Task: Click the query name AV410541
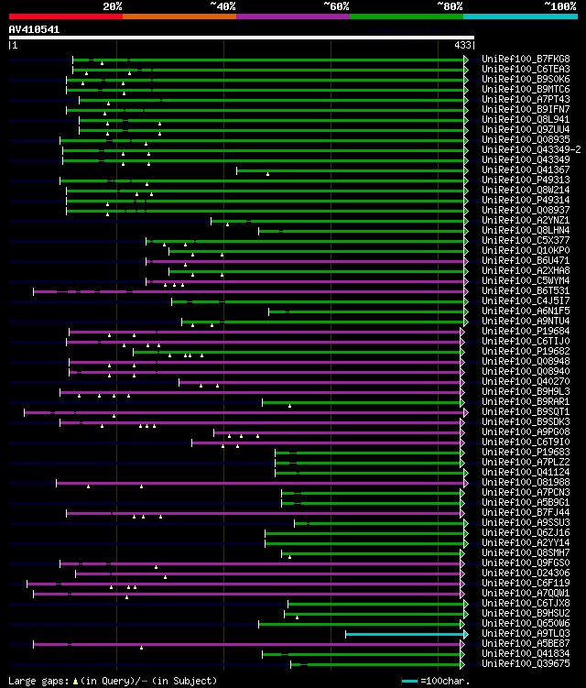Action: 35,29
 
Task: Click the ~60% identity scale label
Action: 336,6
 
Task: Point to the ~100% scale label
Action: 560,6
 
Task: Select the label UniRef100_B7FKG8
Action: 526,59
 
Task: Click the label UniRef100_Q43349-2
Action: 530,149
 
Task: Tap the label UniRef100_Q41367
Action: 526,169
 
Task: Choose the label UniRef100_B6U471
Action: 526,260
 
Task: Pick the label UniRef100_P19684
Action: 526,331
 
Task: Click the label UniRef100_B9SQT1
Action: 526,411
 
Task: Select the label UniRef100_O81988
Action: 526,482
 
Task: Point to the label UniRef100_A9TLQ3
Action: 526,633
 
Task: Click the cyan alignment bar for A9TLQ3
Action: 404,634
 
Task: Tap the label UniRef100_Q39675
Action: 526,663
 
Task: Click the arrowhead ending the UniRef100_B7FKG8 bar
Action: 465,60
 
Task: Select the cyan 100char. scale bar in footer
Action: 409,681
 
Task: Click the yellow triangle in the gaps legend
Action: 75,681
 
